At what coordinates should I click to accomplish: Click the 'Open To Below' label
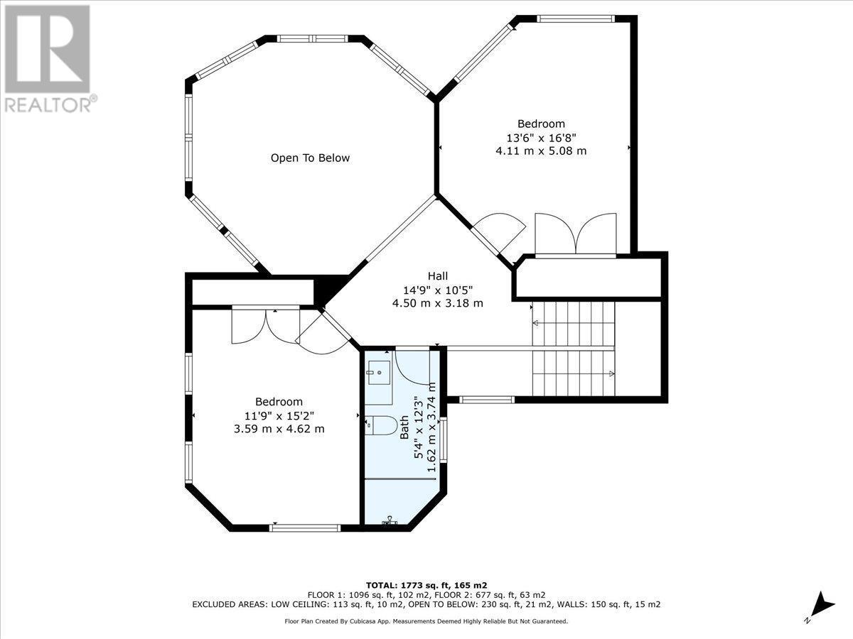pos(310,158)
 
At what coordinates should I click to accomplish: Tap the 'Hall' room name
pos(438,276)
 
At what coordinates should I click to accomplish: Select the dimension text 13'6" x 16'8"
pos(541,138)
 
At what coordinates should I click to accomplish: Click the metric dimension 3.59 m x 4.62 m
pos(279,428)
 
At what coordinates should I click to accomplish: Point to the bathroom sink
pos(379,372)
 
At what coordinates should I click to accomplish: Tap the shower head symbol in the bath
pos(390,522)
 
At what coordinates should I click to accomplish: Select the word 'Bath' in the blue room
pos(404,427)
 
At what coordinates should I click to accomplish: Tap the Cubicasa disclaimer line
pos(426,621)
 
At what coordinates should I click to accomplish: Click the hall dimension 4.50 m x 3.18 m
pos(438,303)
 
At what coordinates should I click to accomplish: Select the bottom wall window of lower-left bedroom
pos(306,527)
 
